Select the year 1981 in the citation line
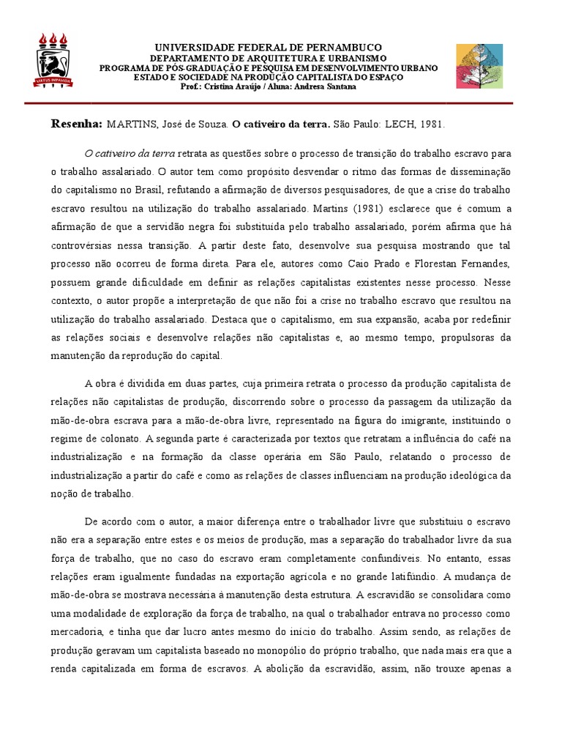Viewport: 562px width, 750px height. pos(432,124)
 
